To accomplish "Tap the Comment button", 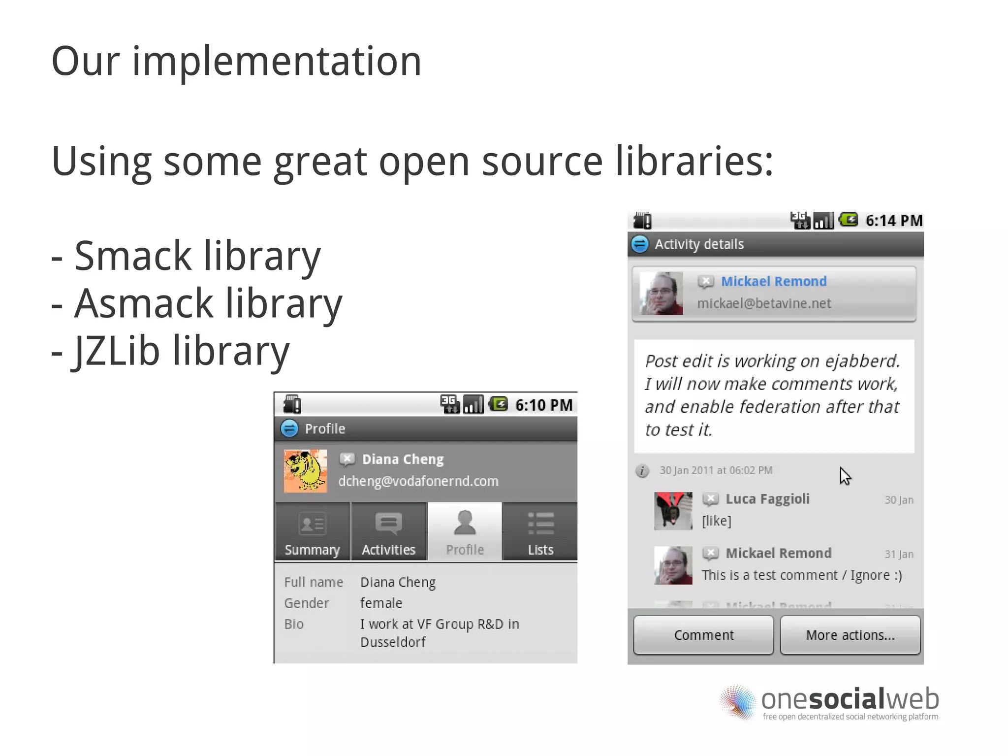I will point(703,635).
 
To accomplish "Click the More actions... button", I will point(850,635).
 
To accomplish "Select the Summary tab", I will point(312,532).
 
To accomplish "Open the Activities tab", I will point(388,532).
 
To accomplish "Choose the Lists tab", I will point(540,532).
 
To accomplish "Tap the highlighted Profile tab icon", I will point(465,523).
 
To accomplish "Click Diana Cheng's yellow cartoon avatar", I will point(305,471).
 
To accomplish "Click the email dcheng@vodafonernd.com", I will point(418,481).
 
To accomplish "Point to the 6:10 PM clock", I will point(544,405).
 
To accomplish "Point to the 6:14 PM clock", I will point(894,221).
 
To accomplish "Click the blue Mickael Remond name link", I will point(774,281).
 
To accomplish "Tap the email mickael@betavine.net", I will point(764,303).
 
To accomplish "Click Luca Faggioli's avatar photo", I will point(673,511).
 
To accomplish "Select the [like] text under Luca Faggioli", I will point(717,521).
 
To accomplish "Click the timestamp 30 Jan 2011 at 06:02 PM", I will point(716,470).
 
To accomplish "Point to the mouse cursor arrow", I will point(845,476).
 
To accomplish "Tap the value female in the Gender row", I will point(381,603).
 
